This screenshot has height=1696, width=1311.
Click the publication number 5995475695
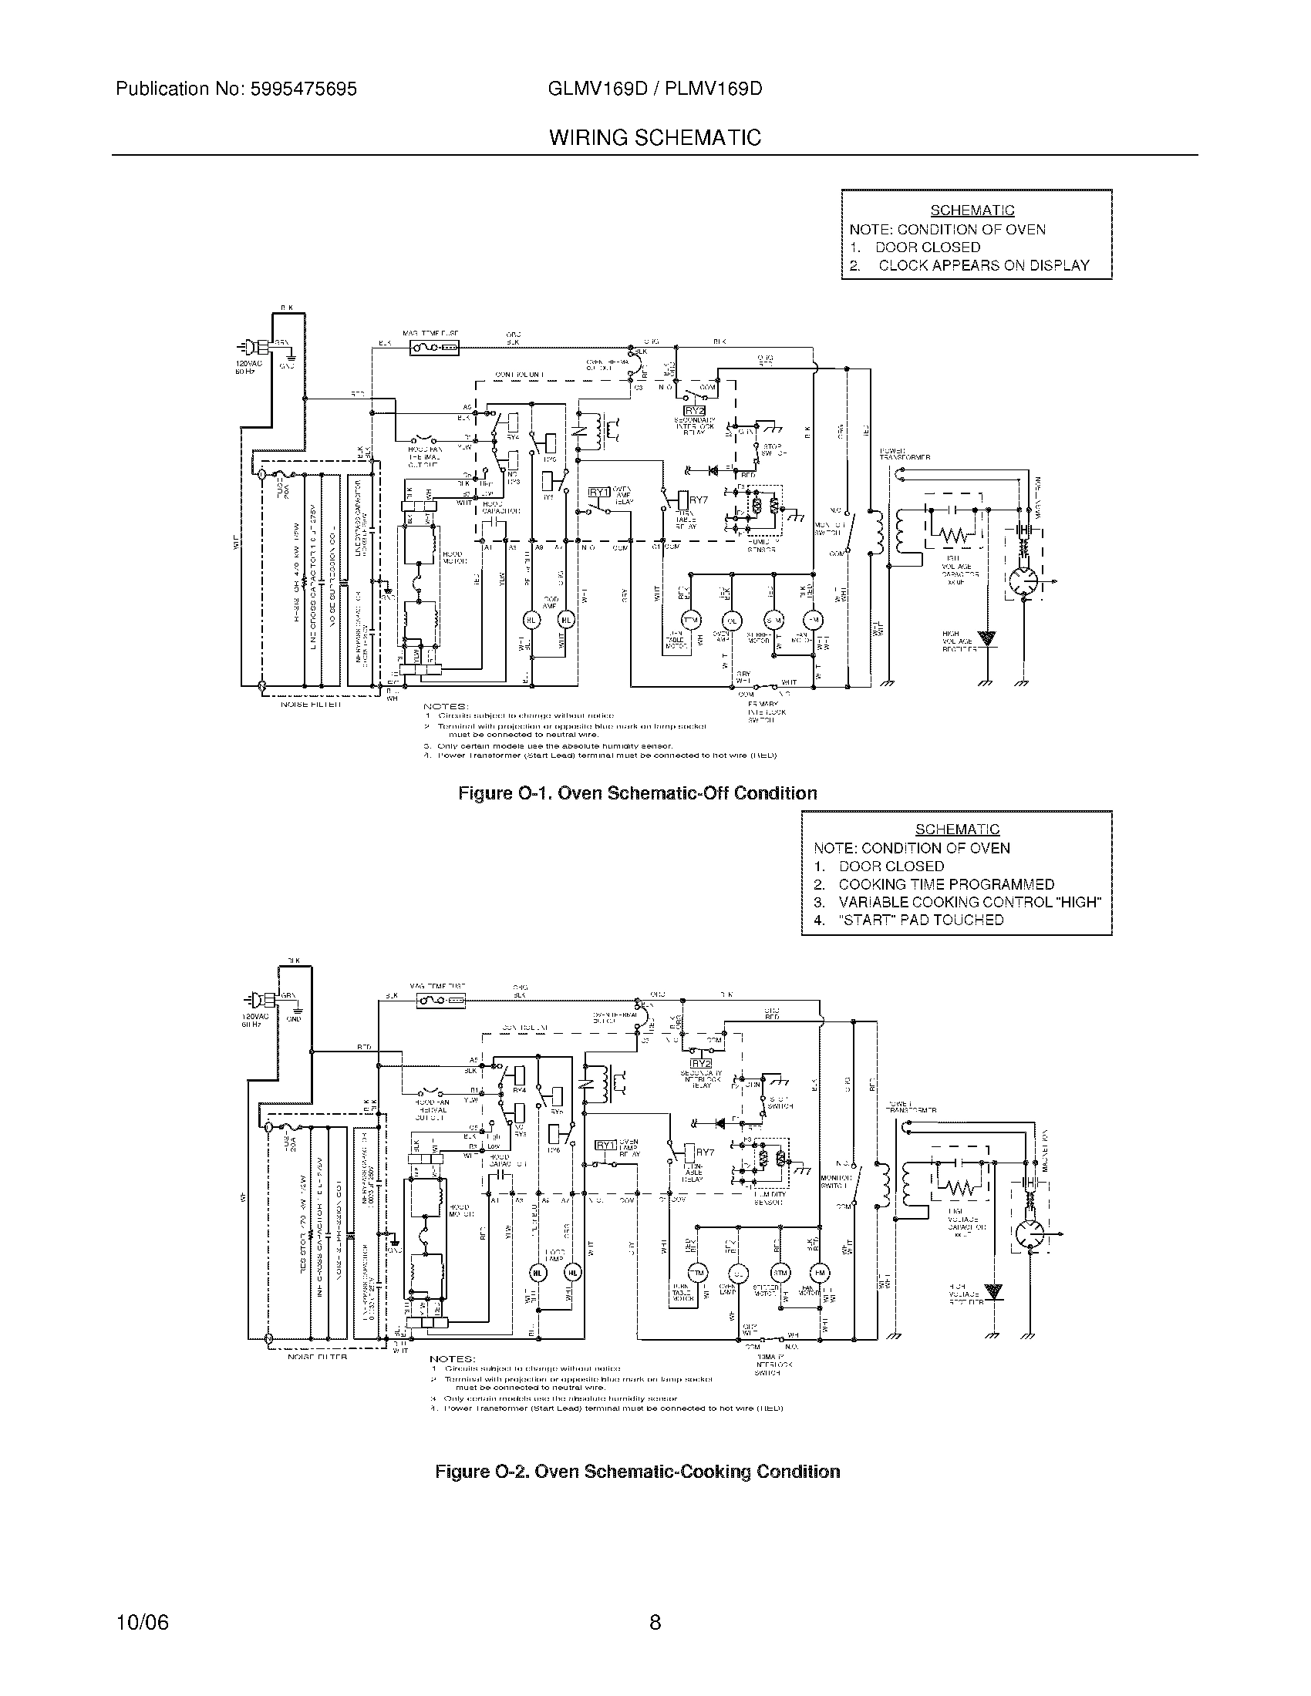tap(303, 89)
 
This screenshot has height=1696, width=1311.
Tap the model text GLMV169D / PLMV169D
tap(655, 89)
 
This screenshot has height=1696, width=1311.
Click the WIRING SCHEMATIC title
tap(655, 138)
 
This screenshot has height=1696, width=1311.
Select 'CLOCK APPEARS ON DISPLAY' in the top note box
tap(983, 266)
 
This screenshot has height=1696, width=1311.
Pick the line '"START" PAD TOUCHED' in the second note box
tap(921, 920)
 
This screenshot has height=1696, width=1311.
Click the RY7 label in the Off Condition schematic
tap(698, 500)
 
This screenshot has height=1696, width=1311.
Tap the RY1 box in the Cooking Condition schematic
tap(605, 1145)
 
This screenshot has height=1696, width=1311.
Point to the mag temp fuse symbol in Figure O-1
tap(433, 347)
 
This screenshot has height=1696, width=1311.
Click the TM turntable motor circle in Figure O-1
tap(689, 620)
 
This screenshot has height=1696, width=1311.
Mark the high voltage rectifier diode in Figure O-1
tap(987, 639)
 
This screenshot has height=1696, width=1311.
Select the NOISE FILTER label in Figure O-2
tap(318, 1357)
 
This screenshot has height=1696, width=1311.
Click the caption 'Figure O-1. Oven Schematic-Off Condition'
tap(637, 793)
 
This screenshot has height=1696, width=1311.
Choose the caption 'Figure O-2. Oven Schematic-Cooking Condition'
tap(637, 1472)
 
